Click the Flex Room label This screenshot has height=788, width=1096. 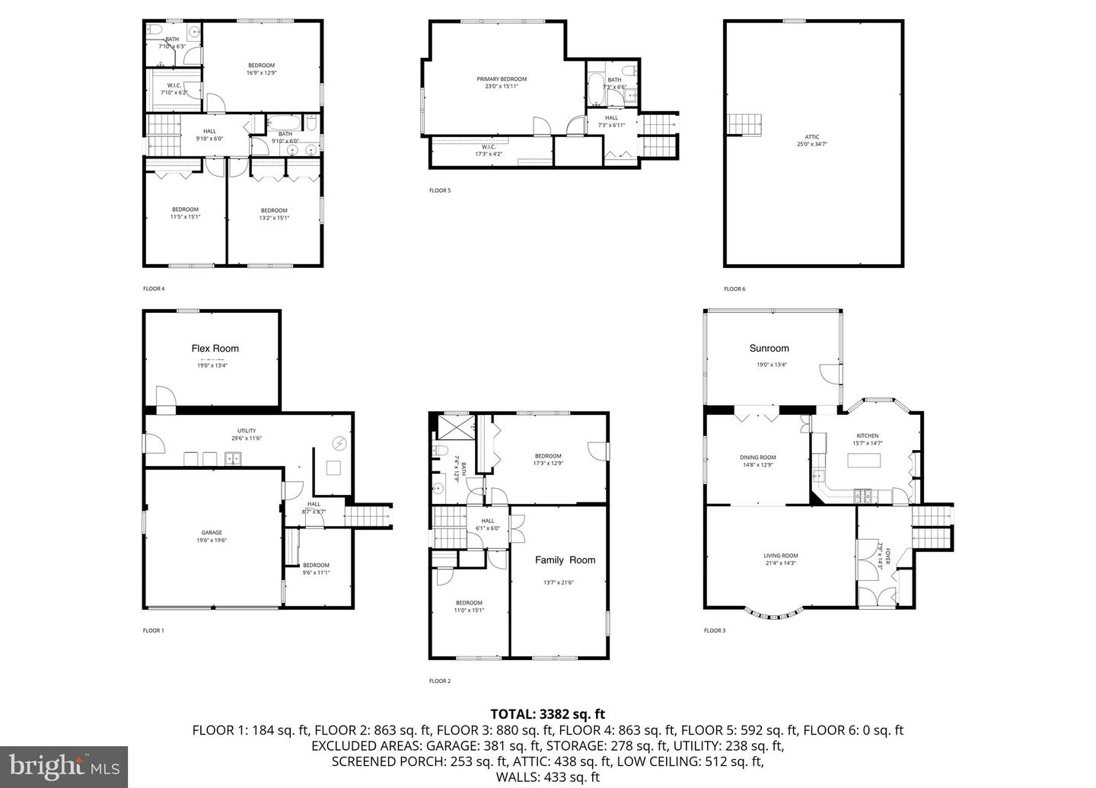click(x=215, y=349)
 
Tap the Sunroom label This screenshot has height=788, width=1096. click(x=769, y=349)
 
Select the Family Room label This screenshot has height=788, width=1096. click(x=565, y=560)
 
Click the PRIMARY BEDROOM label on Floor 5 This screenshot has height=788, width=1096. click(x=502, y=79)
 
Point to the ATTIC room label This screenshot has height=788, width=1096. click(x=812, y=137)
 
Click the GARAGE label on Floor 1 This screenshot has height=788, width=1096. click(x=212, y=533)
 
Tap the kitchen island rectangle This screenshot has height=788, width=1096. click(x=866, y=461)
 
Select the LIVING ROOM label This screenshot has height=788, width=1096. click(x=781, y=556)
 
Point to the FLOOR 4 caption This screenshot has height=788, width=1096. click(x=154, y=289)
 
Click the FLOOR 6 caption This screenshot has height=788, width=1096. click(x=734, y=289)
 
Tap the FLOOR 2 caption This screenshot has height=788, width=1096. click(x=440, y=681)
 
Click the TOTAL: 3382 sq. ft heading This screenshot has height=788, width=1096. click(x=547, y=714)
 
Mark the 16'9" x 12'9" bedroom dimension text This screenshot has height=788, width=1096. click(x=261, y=73)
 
